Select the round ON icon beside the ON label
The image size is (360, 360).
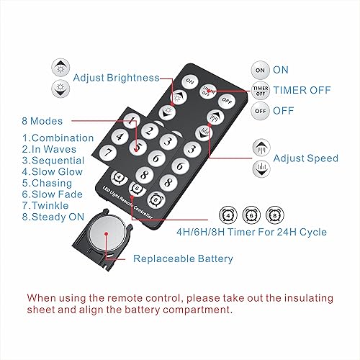(x=259, y=70)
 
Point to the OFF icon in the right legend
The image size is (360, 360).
(x=259, y=110)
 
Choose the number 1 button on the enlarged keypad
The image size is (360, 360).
(x=131, y=121)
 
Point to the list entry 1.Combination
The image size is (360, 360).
(x=58, y=138)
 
